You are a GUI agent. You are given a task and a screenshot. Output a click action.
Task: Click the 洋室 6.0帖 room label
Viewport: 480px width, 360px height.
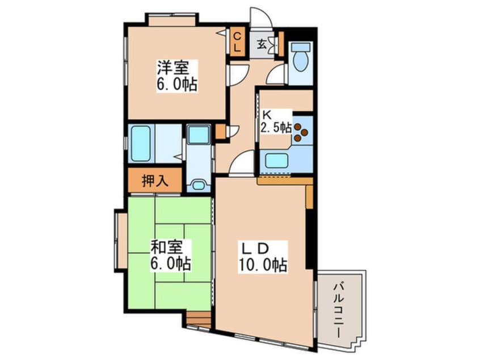coord(177,76)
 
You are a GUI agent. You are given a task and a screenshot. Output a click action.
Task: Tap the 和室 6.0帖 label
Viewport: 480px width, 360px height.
coord(171,256)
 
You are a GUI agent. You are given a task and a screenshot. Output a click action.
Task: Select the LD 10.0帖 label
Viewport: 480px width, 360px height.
coord(263,257)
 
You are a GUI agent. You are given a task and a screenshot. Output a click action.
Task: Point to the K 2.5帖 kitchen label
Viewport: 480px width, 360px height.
coord(276,122)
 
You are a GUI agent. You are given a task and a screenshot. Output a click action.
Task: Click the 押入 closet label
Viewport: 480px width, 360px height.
coord(155,181)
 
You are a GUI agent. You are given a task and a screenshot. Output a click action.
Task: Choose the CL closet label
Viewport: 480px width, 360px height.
coord(237,42)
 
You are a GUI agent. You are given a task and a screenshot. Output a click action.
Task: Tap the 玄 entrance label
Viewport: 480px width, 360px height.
coord(262,45)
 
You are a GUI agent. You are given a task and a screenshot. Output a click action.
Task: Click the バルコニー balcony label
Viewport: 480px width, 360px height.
coord(338,311)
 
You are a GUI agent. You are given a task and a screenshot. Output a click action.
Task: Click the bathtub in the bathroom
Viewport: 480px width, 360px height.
coord(141,144)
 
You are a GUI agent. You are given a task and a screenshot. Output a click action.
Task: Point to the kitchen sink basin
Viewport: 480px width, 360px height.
coord(276,161)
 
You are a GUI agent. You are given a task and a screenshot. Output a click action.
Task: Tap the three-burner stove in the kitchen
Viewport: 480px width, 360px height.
coord(300,132)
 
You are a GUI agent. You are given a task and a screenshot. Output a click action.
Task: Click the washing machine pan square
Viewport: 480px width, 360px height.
coord(199,134)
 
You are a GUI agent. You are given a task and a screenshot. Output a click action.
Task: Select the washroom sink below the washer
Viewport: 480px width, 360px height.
coord(199,186)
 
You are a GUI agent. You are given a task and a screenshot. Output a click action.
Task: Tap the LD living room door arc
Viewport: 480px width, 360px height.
coord(242,164)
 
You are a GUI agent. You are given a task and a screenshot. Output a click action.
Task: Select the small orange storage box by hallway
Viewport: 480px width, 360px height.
coord(220,131)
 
